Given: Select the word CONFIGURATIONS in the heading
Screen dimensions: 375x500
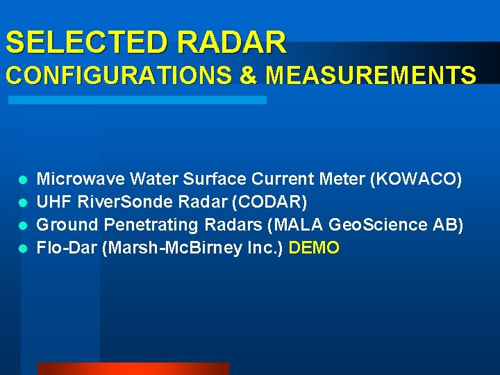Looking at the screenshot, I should point(119,75).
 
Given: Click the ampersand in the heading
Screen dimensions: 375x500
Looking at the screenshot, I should point(248,75).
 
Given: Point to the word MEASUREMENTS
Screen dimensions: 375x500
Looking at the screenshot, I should point(371,75).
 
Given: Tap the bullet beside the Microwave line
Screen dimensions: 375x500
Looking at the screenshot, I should point(23,180).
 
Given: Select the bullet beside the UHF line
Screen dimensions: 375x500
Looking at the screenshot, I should point(23,203).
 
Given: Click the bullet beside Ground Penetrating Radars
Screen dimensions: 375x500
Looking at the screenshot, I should point(23,226).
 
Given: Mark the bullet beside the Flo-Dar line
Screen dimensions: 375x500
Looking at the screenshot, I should point(23,249).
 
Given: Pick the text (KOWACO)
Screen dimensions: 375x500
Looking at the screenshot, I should point(416,179).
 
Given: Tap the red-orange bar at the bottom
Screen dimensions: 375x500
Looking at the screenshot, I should point(133,369).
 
